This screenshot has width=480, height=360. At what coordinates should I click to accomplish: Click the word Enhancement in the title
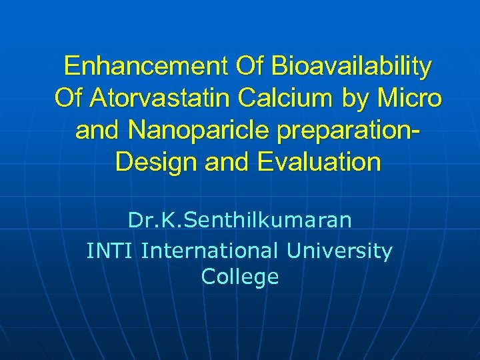pyautogui.click(x=145, y=67)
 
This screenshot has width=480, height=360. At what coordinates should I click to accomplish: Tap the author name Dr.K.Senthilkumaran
pyautogui.click(x=239, y=220)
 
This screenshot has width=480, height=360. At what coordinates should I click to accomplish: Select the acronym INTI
pyautogui.click(x=111, y=251)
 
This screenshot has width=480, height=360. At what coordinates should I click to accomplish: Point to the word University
pyautogui.click(x=339, y=252)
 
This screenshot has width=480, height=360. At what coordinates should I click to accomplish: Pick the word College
pyautogui.click(x=239, y=277)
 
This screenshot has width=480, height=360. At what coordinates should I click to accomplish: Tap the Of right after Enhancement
pyautogui.click(x=249, y=67)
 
